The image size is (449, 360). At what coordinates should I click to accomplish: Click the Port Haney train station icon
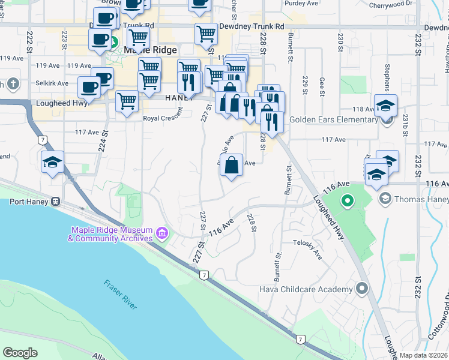56,202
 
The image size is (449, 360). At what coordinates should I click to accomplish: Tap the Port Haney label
28,202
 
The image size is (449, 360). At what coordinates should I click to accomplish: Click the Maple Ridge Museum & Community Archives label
111,234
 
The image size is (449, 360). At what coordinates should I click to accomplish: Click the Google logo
20,353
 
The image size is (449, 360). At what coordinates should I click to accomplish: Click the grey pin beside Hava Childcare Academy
361,289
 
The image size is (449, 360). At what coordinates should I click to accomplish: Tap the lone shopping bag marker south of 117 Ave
232,164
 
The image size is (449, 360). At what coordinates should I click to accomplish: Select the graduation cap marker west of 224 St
53,163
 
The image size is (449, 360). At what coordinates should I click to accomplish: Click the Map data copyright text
424,355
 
